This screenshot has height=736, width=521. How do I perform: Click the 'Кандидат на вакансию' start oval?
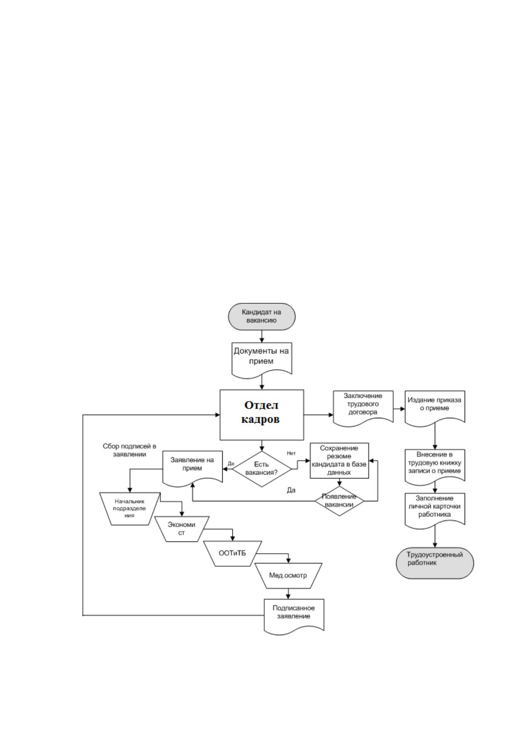262,316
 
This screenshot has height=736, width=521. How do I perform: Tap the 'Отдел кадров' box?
262,415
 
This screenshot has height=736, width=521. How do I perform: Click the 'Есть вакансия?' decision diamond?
262,469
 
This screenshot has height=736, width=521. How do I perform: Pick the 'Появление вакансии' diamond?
339,501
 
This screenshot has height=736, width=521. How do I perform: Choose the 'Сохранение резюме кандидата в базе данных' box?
339,460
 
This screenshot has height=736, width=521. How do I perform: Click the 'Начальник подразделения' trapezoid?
129,509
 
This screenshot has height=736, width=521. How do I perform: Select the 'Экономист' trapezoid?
182,529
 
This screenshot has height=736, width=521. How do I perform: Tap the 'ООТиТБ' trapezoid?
232,553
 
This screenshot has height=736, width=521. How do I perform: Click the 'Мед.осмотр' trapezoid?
288,576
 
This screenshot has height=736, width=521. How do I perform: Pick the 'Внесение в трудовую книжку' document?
434,467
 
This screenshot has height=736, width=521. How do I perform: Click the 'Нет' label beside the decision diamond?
291,453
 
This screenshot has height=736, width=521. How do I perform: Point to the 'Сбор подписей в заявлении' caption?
129,450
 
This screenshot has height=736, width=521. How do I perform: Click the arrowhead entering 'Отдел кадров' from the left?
217,415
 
